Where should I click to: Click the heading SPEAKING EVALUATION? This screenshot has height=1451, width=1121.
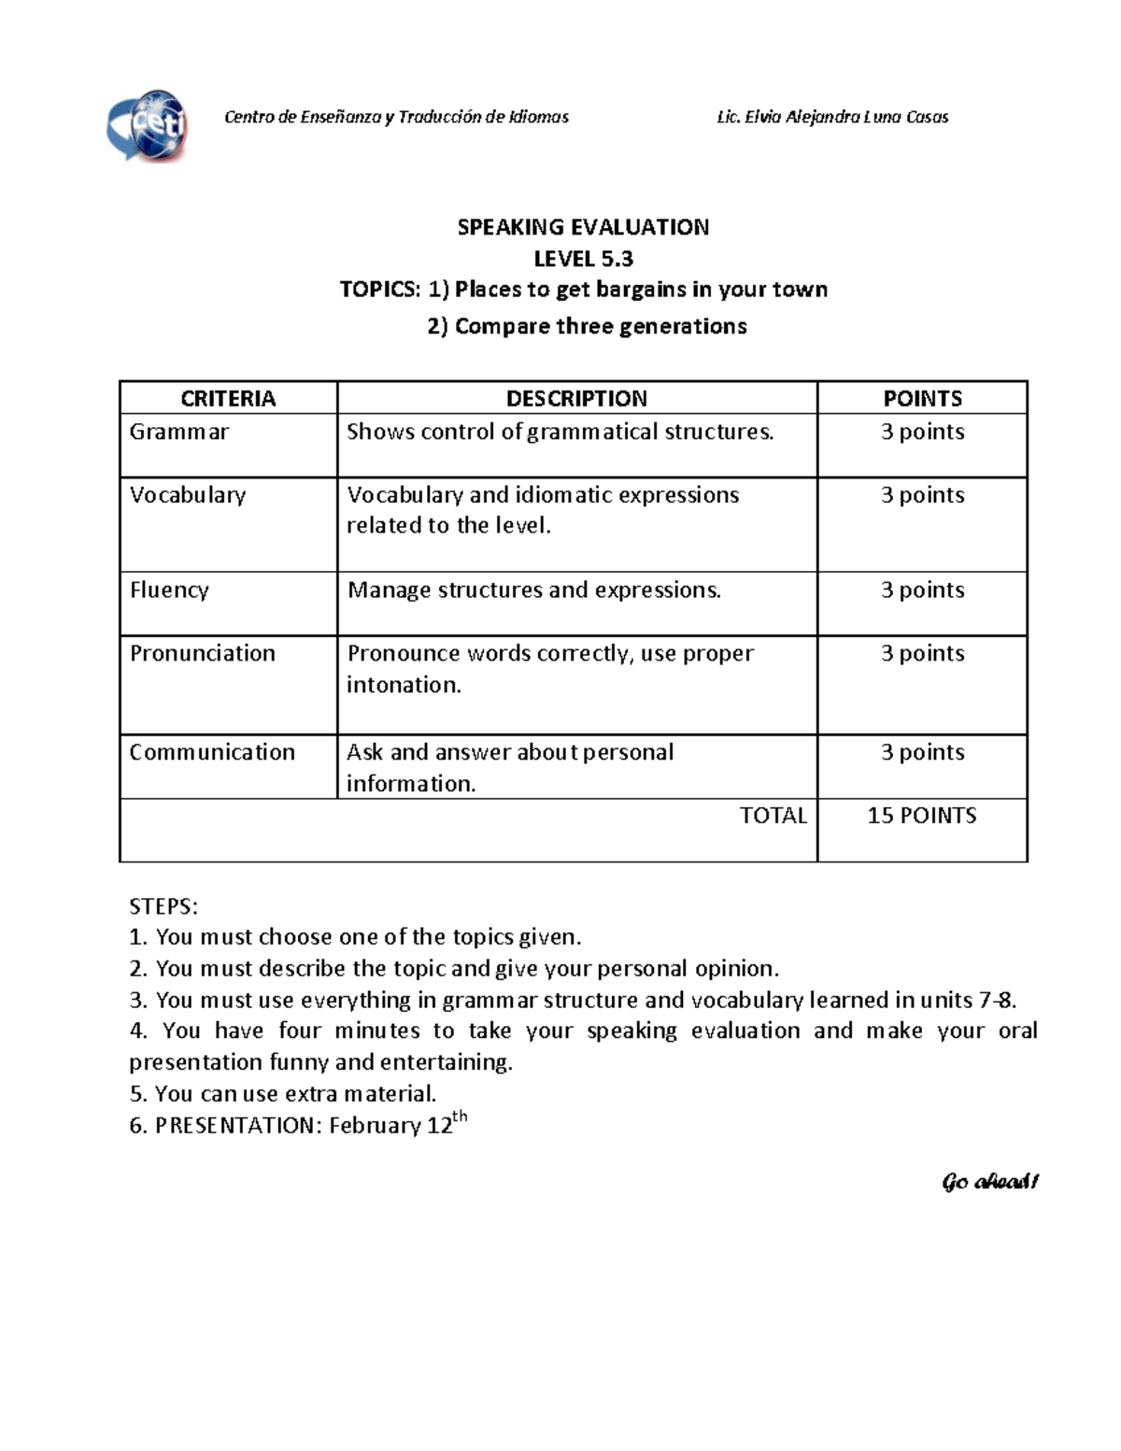(583, 227)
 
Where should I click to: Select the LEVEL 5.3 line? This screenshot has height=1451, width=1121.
(583, 258)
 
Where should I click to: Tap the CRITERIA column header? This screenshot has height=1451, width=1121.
(228, 398)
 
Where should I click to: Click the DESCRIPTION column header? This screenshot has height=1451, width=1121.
(576, 398)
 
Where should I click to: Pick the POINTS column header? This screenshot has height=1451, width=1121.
(922, 398)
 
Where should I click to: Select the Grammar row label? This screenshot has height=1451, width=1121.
(179, 432)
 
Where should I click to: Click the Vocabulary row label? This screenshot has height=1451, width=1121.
(188, 495)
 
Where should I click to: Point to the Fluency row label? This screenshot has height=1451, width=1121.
(169, 590)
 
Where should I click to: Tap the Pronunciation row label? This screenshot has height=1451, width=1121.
(203, 653)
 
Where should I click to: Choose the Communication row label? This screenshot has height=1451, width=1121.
(212, 752)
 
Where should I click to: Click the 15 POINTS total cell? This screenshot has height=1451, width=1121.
(922, 816)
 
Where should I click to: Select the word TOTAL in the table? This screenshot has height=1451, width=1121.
(773, 816)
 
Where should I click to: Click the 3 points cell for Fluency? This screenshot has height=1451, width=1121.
(922, 590)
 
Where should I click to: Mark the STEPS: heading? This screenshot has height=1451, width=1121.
(163, 906)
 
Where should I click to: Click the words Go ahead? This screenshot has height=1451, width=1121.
(990, 1182)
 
